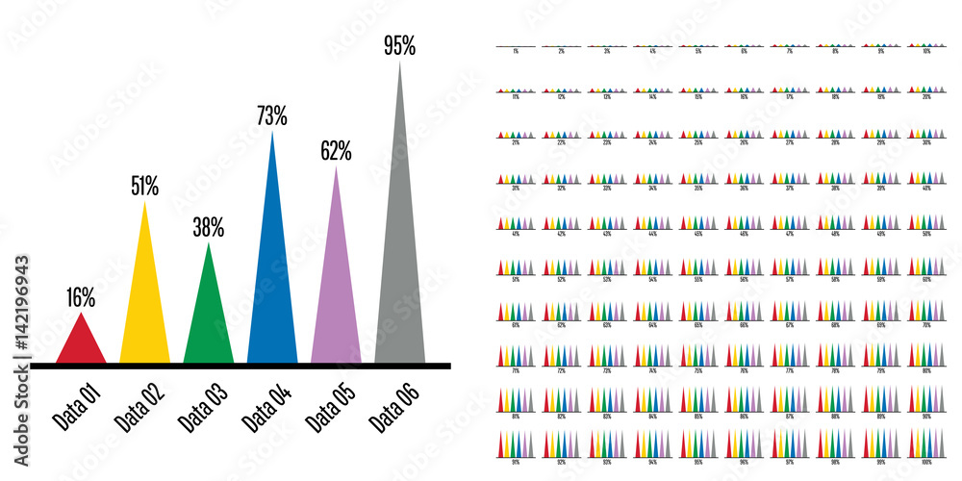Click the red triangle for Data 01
coord(81,344)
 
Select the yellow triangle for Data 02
coord(145,308)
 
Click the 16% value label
coord(81,298)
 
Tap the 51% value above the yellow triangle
coord(145,186)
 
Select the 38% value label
coord(209,228)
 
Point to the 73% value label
coord(272,116)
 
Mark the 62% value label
coord(336,151)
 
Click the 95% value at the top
coord(399,45)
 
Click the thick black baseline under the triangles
coord(240,366)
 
